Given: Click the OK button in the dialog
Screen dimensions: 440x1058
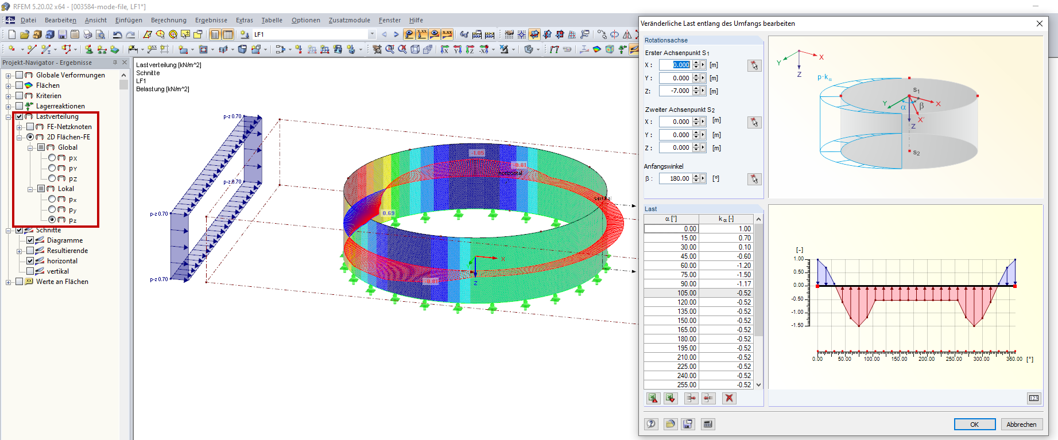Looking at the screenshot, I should pyautogui.click(x=974, y=425).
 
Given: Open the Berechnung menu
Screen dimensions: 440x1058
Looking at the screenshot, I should pyautogui.click(x=168, y=20).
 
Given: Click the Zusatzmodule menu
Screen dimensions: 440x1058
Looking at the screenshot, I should pyautogui.click(x=349, y=20).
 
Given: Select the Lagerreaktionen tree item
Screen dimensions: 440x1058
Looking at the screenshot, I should pyautogui.click(x=60, y=106).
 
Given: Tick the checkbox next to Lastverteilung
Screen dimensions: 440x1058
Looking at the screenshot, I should pyautogui.click(x=20, y=116).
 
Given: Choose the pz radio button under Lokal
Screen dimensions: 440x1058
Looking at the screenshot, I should pyautogui.click(x=52, y=220).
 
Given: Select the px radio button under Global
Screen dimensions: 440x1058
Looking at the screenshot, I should pyautogui.click(x=52, y=158).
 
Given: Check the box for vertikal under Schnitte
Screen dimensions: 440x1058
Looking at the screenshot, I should pyautogui.click(x=30, y=271).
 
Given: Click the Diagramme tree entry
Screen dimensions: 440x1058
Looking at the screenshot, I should pyautogui.click(x=64, y=240).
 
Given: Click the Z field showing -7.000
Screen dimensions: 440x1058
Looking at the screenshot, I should pyautogui.click(x=676, y=91).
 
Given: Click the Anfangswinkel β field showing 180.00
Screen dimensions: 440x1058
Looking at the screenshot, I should pyautogui.click(x=676, y=178).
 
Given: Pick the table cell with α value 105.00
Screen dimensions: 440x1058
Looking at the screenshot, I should pyautogui.click(x=671, y=293).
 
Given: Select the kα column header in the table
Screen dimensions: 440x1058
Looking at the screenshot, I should pyautogui.click(x=726, y=219).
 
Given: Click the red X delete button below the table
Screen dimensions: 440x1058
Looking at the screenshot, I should pyautogui.click(x=729, y=398).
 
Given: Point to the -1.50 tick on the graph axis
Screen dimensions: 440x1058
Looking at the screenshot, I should pyautogui.click(x=799, y=325).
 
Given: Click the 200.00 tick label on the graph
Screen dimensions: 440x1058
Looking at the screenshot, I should pyautogui.click(x=926, y=359).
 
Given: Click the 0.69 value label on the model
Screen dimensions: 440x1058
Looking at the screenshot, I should pyautogui.click(x=389, y=213).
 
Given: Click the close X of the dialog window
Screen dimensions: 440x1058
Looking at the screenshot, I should pyautogui.click(x=1040, y=24).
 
